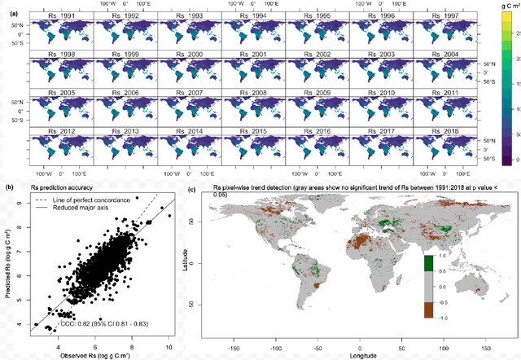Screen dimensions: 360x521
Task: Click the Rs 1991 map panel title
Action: tap(55, 15)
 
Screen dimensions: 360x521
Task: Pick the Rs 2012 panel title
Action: tap(55, 131)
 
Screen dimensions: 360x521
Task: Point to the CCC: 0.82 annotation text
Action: tap(97, 323)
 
